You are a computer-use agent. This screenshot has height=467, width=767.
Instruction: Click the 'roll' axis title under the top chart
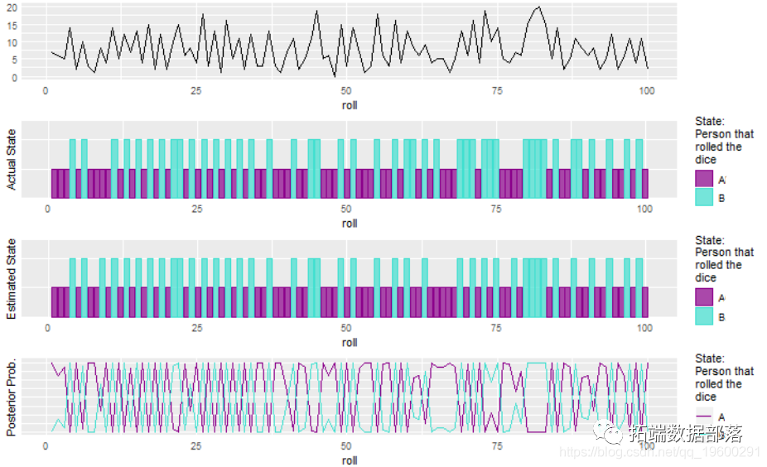point(350,105)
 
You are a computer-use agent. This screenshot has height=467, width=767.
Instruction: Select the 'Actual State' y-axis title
point(12,160)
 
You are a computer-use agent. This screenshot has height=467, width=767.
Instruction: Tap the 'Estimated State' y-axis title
point(12,278)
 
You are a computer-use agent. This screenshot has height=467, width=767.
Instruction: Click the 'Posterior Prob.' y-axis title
point(12,397)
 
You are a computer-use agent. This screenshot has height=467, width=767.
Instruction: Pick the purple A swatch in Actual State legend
point(705,180)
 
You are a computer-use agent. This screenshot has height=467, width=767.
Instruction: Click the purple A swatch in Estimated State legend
point(705,298)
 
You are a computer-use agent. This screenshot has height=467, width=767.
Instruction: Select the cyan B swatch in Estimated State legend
point(705,317)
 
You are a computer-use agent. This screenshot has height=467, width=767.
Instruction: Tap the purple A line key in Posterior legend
point(705,416)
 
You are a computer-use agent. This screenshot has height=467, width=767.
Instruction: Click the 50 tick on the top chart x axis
point(346,91)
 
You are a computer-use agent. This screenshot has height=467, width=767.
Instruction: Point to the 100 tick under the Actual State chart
point(646,209)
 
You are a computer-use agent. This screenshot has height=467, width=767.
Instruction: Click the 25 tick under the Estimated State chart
point(196,328)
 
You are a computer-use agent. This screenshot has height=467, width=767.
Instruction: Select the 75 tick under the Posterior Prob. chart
point(496,446)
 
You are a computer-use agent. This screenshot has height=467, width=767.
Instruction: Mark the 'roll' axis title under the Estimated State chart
point(350,342)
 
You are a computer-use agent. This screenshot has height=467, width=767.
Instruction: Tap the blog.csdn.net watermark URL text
point(658,452)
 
